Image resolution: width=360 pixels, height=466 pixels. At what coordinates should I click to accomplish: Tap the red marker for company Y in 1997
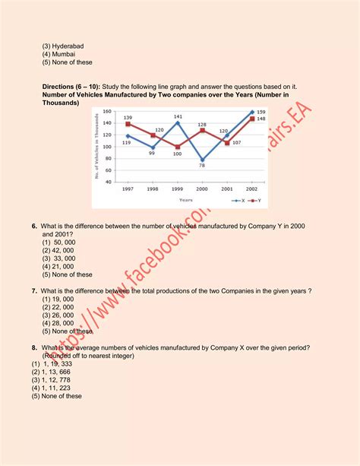(128, 123)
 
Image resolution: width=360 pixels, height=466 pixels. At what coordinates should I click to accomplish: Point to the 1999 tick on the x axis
(177, 189)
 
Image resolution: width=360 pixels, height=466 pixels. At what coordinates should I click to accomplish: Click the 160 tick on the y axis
(106, 112)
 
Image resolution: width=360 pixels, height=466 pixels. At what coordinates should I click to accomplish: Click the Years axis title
(186, 201)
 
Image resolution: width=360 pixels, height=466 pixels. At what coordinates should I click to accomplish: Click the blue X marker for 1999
(178, 122)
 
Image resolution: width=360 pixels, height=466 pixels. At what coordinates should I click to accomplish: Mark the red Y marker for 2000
(202, 130)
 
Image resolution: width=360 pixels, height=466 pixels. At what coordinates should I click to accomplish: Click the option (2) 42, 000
(58, 249)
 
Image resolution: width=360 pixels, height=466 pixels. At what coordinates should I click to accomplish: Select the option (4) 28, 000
(58, 323)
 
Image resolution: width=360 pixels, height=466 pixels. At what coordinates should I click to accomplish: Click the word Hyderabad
(62, 46)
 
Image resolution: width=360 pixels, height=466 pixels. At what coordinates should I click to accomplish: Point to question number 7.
(35, 291)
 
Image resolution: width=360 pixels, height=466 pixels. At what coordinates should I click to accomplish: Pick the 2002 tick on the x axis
(251, 189)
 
